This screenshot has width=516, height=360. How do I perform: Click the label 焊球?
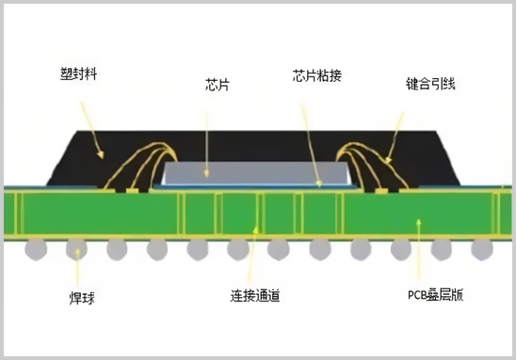(x=83, y=298)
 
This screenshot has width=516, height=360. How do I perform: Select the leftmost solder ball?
(x=35, y=249)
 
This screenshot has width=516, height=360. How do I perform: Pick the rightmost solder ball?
(x=482, y=249)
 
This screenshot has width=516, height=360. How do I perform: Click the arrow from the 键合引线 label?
(x=399, y=132)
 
